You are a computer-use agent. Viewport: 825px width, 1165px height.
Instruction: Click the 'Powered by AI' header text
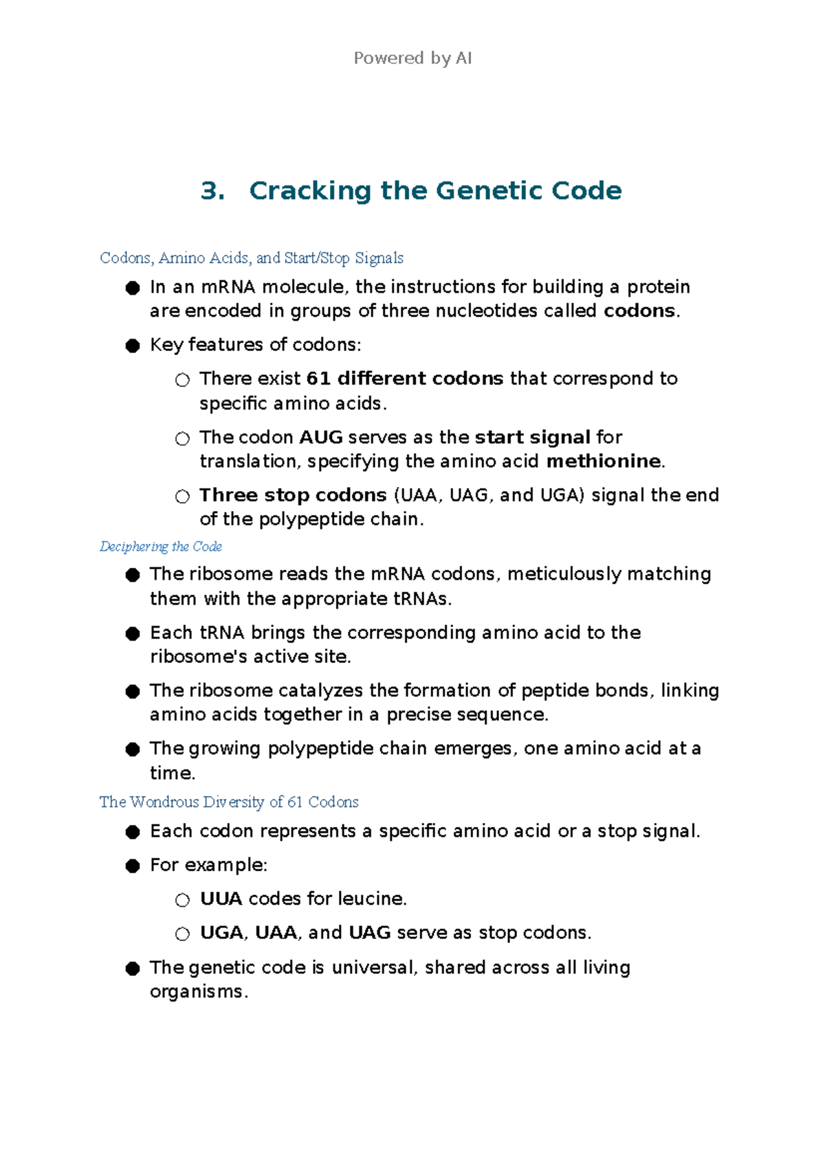(412, 58)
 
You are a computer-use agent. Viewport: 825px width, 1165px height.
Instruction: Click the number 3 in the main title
(212, 191)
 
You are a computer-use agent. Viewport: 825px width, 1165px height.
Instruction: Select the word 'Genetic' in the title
(479, 191)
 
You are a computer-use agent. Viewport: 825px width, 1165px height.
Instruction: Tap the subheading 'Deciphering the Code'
(161, 547)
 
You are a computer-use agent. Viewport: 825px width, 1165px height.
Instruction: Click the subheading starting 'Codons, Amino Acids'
(252, 258)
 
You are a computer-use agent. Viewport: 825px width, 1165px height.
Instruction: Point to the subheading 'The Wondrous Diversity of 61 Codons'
(229, 802)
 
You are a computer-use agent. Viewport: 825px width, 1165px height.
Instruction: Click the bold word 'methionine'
(604, 461)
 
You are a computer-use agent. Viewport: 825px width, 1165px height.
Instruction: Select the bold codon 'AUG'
(321, 438)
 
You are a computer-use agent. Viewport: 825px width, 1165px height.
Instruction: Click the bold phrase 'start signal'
(533, 438)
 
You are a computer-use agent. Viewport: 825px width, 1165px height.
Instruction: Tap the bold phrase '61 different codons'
(405, 378)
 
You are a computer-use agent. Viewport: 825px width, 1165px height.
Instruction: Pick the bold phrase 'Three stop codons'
(293, 495)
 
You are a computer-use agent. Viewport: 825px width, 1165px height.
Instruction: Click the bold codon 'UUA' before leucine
(221, 899)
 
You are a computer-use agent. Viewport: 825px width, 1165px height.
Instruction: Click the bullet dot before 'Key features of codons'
(133, 346)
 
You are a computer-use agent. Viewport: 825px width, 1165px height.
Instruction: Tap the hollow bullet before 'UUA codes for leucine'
(182, 900)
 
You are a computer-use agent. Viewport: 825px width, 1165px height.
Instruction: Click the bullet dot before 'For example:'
(133, 866)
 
